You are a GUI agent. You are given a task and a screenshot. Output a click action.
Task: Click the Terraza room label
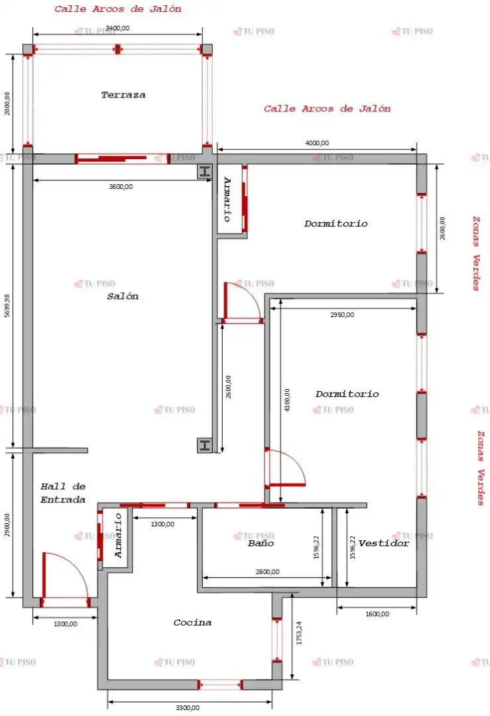point(123,95)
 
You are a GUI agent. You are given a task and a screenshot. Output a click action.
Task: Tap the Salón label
point(123,296)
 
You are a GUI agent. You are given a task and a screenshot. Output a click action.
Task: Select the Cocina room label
point(192,623)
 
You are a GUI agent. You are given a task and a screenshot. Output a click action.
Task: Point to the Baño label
point(261,543)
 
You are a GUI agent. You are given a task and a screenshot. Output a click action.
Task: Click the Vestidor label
point(384,543)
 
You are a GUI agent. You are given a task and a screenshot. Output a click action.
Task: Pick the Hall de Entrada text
point(63,493)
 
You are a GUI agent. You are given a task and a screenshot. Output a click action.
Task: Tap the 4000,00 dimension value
point(317,143)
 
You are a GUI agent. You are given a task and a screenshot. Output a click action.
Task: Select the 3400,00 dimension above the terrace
point(117,29)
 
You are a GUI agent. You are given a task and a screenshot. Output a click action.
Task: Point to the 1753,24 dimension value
point(299,633)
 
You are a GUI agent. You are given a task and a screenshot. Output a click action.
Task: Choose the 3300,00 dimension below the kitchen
point(188,708)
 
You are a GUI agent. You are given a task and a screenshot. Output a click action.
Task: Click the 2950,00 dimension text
point(342,315)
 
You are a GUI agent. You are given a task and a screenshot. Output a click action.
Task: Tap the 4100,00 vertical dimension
point(287,400)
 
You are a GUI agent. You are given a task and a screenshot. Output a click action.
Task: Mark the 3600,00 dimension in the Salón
point(121,186)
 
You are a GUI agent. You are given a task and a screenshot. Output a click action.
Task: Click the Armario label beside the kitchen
point(118,536)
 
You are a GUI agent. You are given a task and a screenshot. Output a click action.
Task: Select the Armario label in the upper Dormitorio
point(227,200)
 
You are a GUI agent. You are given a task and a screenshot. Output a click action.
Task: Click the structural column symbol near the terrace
point(205,172)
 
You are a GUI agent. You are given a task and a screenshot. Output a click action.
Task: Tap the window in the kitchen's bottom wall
point(219,684)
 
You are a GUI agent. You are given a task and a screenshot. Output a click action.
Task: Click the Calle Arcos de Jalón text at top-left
point(118,9)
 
